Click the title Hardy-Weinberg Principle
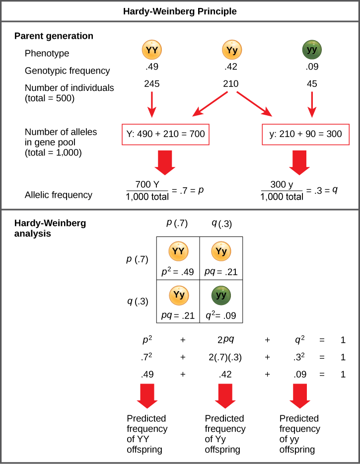[x=180, y=10]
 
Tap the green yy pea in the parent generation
[x=312, y=50]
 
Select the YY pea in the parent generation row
[x=152, y=50]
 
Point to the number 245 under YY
[x=152, y=84]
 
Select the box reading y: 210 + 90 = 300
[x=302, y=133]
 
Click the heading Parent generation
[x=54, y=36]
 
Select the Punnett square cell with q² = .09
[x=221, y=302]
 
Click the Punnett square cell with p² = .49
[x=178, y=258]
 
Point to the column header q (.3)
[x=222, y=223]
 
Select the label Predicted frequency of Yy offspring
[x=225, y=434]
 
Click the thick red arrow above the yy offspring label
[x=300, y=395]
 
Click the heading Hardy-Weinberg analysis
[x=50, y=228]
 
